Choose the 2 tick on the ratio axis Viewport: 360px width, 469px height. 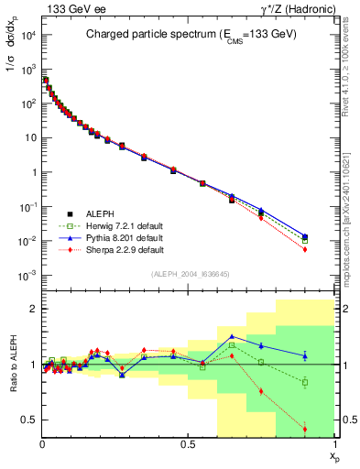pos(32,309)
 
